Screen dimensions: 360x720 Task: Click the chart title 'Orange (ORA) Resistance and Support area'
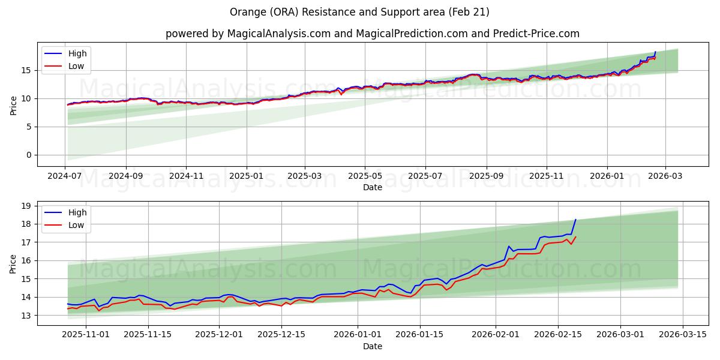click(x=359, y=12)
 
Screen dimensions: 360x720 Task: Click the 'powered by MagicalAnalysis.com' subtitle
click(x=372, y=34)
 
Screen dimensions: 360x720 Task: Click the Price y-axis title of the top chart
click(x=13, y=104)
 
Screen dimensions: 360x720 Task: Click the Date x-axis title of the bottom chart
click(x=372, y=346)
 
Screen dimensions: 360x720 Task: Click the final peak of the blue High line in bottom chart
click(x=575, y=220)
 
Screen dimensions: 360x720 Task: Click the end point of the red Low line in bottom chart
click(x=575, y=237)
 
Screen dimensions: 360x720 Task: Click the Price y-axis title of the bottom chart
click(x=13, y=263)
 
